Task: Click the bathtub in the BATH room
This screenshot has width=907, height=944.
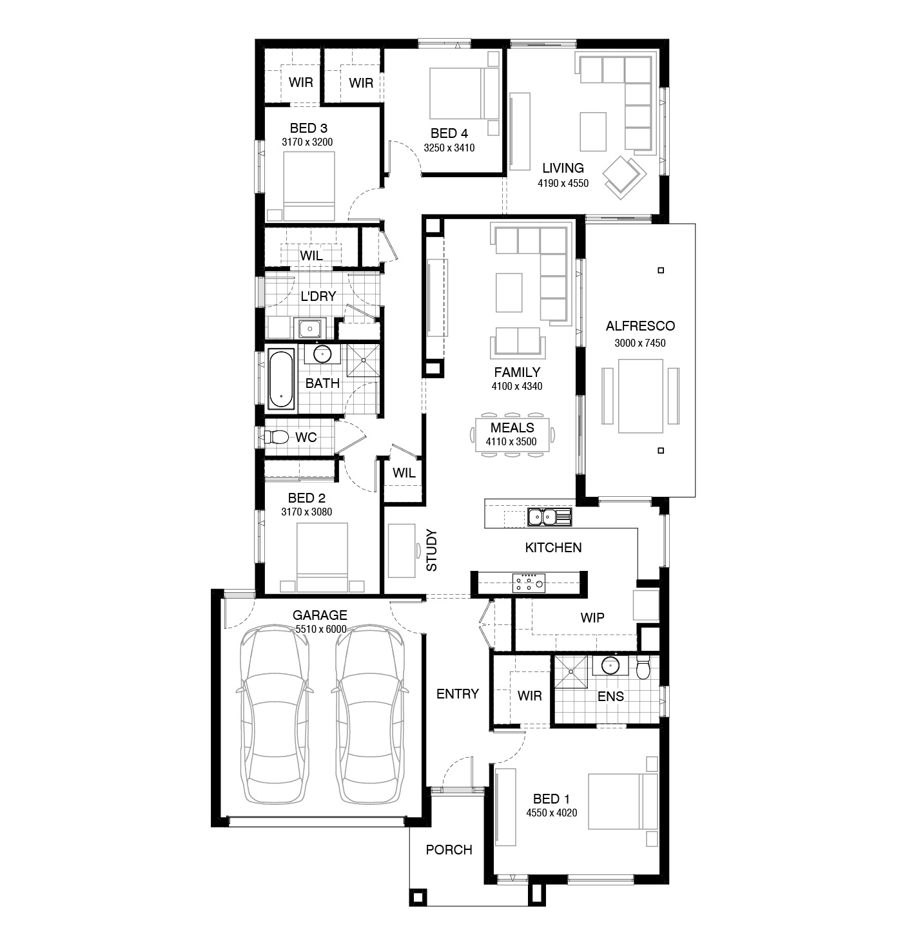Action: pos(282,379)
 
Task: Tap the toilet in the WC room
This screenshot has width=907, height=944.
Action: pos(276,437)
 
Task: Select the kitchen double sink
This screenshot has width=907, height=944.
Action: pos(549,517)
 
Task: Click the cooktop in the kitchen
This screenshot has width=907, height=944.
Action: pos(529,583)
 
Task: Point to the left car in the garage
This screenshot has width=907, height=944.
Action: pos(275,713)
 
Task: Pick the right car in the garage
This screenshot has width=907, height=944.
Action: pos(370,713)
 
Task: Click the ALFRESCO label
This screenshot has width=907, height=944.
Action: pos(640,326)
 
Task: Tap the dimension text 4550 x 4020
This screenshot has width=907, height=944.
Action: pos(551,813)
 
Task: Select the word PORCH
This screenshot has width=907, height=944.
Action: pos(449,849)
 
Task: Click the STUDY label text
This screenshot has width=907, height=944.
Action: pos(431,550)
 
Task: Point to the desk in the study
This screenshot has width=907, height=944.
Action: pos(402,550)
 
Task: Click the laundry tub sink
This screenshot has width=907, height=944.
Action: pos(309,329)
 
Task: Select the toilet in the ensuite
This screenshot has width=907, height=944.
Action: pos(643,668)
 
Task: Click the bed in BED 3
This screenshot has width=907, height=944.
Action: pos(309,186)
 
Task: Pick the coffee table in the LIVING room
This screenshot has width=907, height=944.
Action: pos(593,132)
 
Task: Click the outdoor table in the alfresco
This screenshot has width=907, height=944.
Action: pos(641,396)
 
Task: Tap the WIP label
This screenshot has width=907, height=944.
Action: pos(592,617)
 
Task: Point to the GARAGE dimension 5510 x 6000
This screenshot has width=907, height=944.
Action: pos(321,629)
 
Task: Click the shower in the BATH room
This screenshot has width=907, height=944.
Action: pos(363,360)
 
